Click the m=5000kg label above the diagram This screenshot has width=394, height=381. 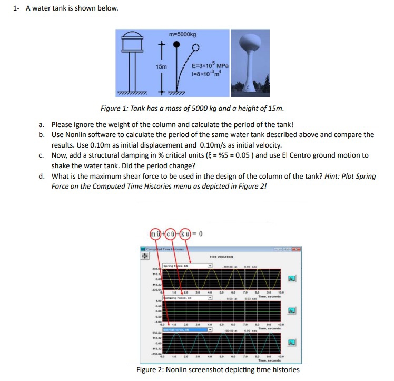[x=182, y=35]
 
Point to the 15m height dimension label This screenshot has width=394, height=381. [x=161, y=67]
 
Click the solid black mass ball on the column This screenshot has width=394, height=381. [x=178, y=45]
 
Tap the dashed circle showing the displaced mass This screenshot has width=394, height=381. [x=196, y=47]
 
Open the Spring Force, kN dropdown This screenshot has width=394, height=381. [x=188, y=266]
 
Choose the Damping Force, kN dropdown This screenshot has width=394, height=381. [x=188, y=298]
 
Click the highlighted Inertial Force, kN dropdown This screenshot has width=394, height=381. [x=188, y=330]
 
